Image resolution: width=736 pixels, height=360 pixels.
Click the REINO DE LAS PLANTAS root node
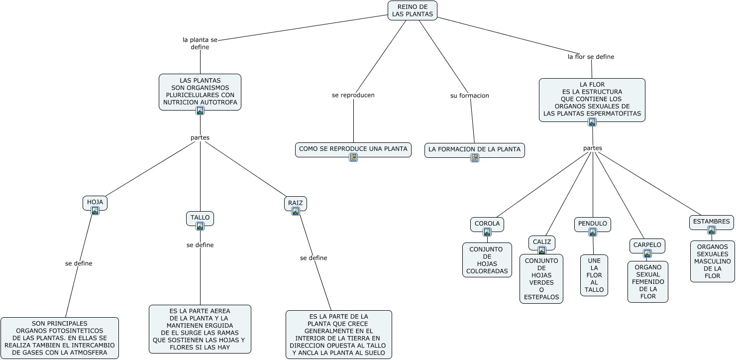(412, 10)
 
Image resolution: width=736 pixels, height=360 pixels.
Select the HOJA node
(95, 202)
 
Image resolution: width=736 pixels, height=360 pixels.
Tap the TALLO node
(200, 218)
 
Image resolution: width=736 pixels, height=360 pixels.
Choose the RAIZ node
(295, 203)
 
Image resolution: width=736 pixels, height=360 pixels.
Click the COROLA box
(487, 224)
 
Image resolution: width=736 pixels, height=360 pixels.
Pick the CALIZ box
(541, 242)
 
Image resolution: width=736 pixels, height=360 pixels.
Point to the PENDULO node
(592, 224)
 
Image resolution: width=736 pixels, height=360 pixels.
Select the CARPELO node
(647, 245)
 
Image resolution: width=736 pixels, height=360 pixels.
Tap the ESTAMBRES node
(711, 222)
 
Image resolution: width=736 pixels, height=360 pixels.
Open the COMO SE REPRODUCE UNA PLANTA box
(353, 149)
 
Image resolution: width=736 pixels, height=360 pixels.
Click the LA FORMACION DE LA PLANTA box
(474, 149)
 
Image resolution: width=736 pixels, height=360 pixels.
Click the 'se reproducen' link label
(353, 95)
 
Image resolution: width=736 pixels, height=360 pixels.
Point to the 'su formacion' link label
(469, 96)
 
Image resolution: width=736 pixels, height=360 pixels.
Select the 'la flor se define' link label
(591, 57)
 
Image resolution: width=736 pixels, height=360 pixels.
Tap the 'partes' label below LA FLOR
(592, 148)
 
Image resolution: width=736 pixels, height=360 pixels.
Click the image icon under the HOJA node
(95, 211)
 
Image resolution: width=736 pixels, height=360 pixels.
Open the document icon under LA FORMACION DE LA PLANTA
(475, 158)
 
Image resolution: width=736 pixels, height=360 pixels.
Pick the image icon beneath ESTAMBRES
(712, 230)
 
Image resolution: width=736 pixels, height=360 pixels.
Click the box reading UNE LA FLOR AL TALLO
(594, 275)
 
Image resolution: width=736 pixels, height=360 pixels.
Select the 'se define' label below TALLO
(200, 245)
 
